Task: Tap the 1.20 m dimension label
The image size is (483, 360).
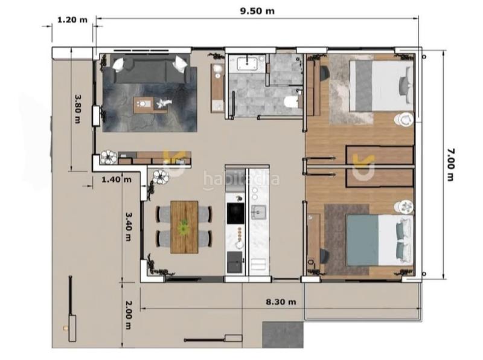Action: (x=72, y=19)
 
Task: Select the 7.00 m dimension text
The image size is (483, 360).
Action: (x=450, y=164)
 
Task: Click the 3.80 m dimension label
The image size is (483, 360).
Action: (x=77, y=108)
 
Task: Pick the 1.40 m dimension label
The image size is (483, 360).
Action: (x=116, y=179)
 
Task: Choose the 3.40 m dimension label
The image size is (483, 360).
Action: (x=128, y=225)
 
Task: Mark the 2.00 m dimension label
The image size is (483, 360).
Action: (x=128, y=315)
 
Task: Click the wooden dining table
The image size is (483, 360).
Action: (x=184, y=227)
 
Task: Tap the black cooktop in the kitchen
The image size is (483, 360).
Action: (x=235, y=213)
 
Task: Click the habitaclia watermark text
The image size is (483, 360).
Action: (x=241, y=178)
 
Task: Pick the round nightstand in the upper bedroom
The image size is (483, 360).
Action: (x=404, y=120)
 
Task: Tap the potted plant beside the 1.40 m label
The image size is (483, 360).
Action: (x=161, y=176)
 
